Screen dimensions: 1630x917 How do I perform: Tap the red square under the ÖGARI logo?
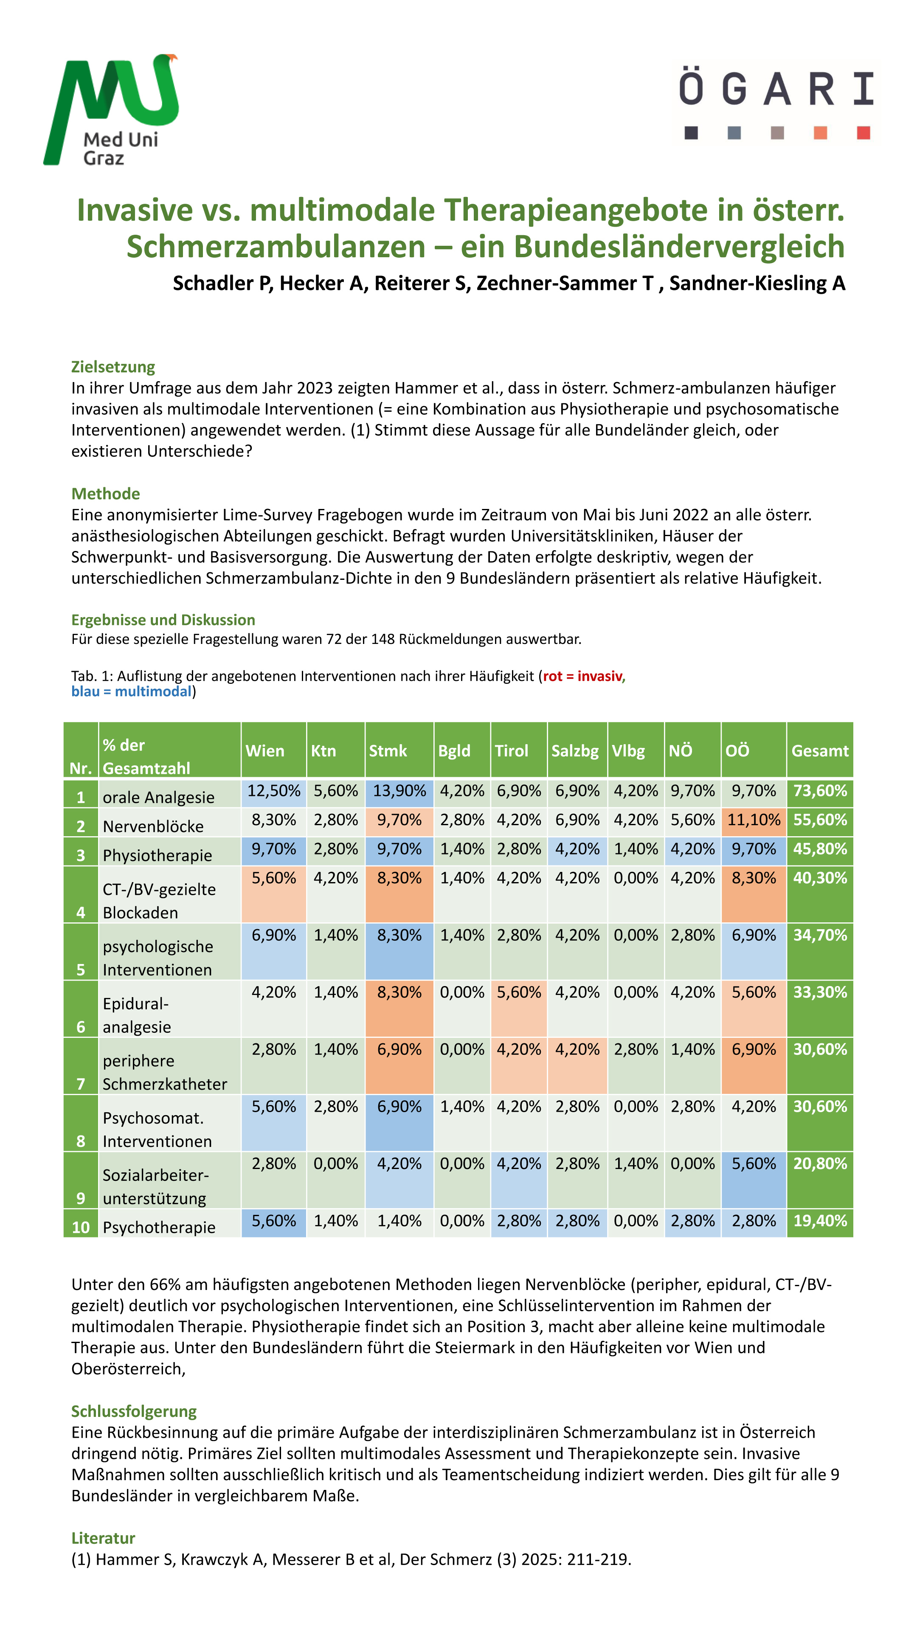[x=863, y=132]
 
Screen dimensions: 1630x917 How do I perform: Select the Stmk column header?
[x=388, y=750]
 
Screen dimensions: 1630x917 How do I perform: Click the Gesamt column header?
[x=819, y=750]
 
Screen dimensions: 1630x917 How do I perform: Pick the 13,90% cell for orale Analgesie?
[x=399, y=791]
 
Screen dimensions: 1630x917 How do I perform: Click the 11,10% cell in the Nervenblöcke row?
[x=753, y=820]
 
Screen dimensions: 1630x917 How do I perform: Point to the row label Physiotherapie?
[x=157, y=855]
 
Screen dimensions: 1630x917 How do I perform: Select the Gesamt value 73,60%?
[x=819, y=791]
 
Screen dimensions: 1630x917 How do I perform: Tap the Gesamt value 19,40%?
[x=819, y=1221]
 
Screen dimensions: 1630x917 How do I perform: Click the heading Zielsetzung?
[x=113, y=367]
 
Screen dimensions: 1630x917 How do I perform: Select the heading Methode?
[x=105, y=494]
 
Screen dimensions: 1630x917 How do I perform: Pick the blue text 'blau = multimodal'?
[x=131, y=691]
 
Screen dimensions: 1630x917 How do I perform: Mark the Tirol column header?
[x=511, y=750]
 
